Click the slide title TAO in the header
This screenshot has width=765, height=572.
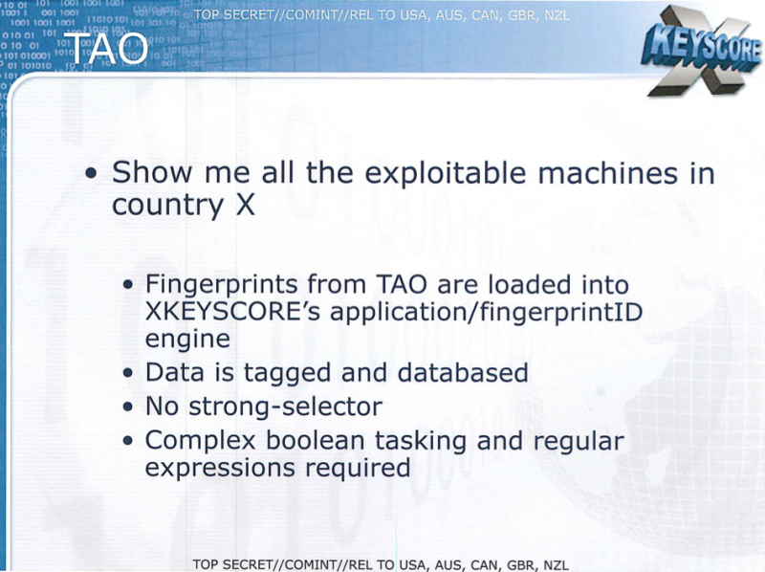point(106,49)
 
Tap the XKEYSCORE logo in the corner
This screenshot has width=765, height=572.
point(702,51)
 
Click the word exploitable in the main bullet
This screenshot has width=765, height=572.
point(446,174)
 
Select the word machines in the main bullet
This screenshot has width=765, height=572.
point(608,174)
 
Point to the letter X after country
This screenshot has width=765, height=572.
point(246,205)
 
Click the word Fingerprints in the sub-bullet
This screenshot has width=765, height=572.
point(222,285)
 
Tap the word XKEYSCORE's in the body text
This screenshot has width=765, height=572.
point(232,312)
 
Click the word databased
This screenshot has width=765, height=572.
point(463,373)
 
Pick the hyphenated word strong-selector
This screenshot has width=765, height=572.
point(285,407)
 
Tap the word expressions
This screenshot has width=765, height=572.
point(220,469)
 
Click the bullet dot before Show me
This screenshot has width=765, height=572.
point(91,173)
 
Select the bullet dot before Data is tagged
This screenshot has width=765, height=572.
point(128,373)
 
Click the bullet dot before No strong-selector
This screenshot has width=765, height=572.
point(128,407)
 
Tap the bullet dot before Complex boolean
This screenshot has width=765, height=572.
point(128,441)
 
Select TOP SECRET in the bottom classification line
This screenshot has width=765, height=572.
point(232,564)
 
